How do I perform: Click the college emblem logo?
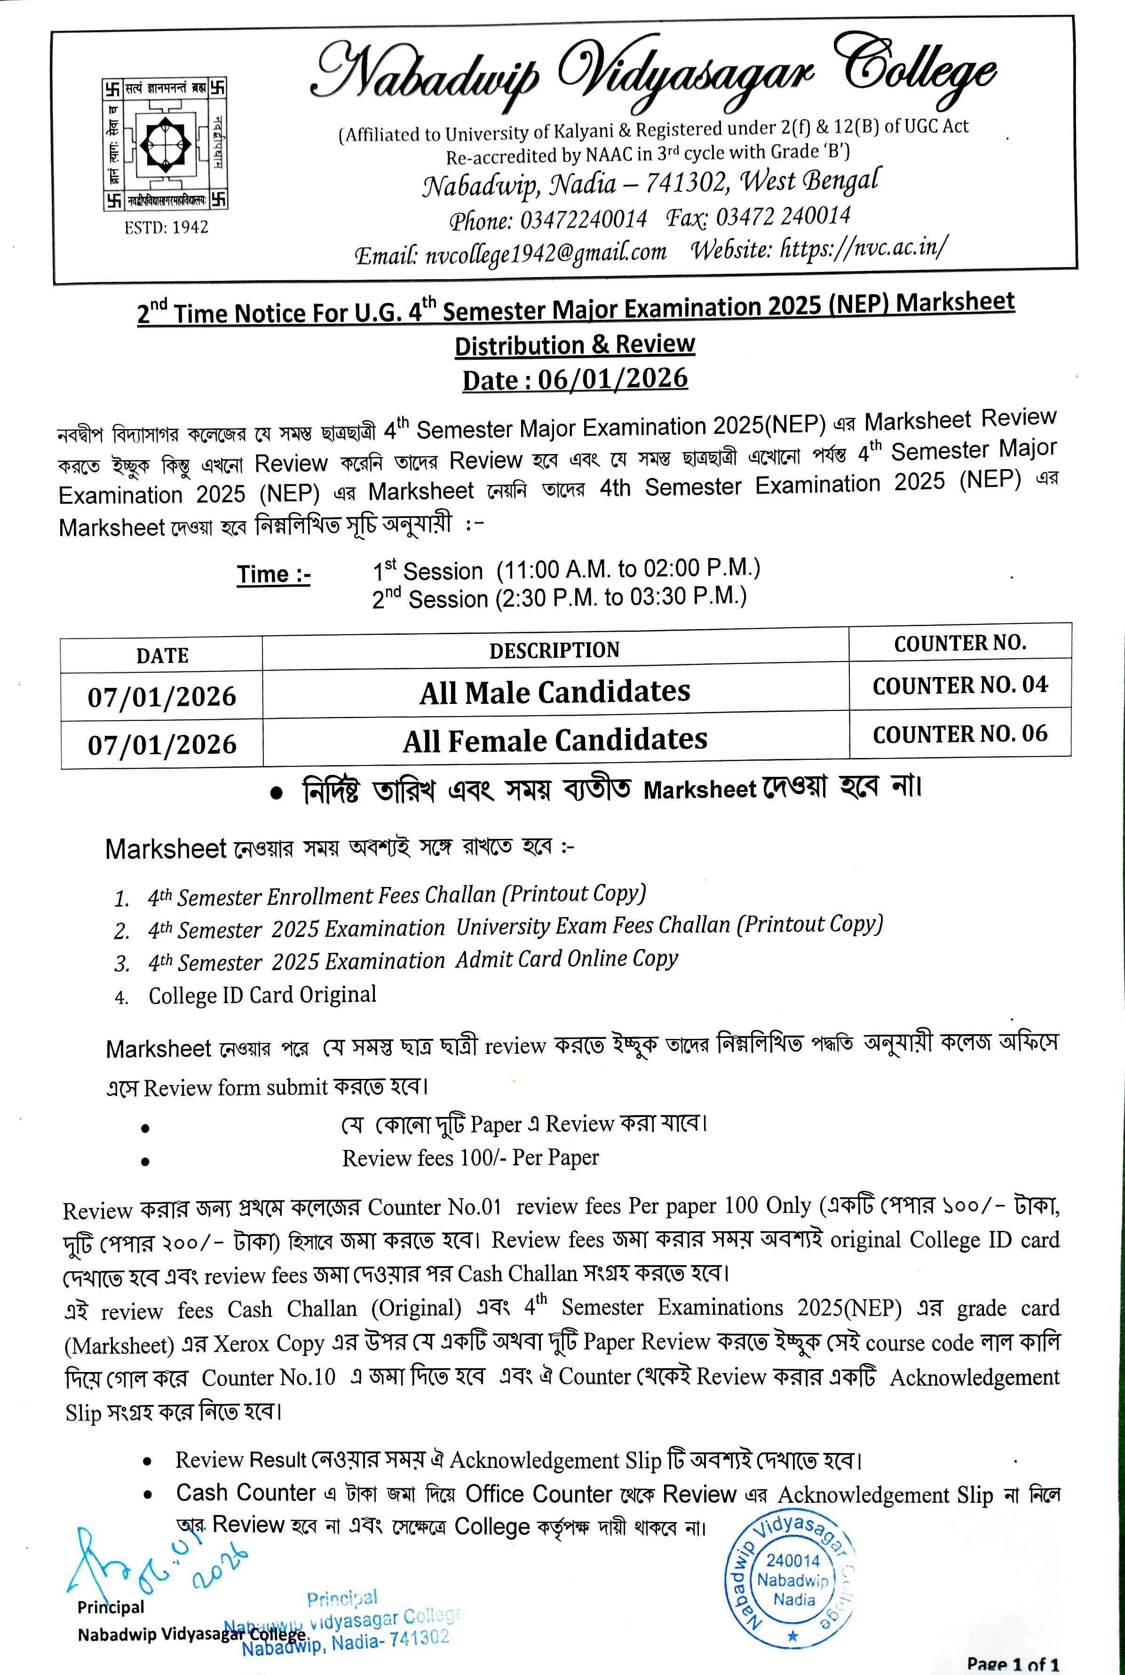(166, 144)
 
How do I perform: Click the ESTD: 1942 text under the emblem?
(166, 228)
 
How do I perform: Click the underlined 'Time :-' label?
(273, 574)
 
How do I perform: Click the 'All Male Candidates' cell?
(555, 692)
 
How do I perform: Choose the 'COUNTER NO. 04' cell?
(960, 686)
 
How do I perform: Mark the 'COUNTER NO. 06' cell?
(960, 734)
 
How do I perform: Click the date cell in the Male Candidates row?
(162, 697)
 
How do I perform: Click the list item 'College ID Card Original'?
(262, 995)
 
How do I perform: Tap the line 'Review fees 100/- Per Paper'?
(470, 1157)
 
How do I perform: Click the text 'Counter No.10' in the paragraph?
(269, 1377)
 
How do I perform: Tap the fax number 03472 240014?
(783, 216)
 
